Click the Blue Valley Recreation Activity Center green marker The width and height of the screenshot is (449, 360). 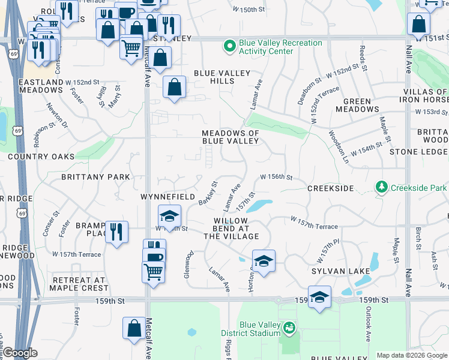[x=229, y=46]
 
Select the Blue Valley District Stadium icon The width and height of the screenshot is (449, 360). [x=290, y=328]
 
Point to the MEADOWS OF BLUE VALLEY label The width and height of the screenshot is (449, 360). [x=231, y=137]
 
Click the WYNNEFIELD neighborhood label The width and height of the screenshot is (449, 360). [x=167, y=197]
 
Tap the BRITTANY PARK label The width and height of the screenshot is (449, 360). [x=95, y=177]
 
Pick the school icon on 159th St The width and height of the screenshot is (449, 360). [x=319, y=296]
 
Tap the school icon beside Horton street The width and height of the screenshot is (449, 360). [x=264, y=261]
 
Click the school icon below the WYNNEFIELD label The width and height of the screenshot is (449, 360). [x=170, y=216]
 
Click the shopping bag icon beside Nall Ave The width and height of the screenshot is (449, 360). [x=418, y=25]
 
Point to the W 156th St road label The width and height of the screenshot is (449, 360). [x=276, y=177]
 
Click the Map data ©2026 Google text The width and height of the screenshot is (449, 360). [x=411, y=355]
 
